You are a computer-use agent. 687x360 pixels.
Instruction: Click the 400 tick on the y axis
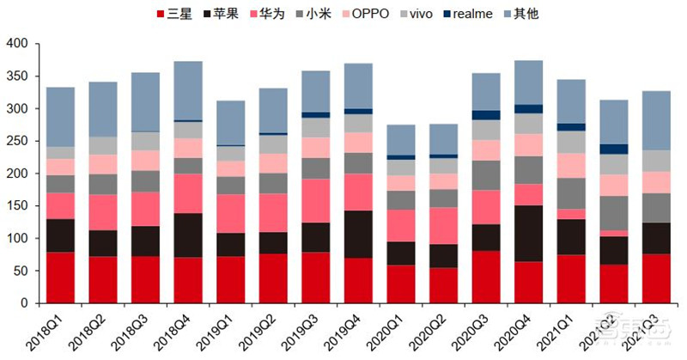tap(18, 44)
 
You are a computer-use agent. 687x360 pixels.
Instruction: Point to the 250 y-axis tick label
tap(18, 141)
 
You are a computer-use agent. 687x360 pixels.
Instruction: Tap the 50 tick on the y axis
tap(21, 271)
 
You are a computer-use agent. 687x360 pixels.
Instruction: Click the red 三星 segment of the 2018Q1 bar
tap(60, 277)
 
